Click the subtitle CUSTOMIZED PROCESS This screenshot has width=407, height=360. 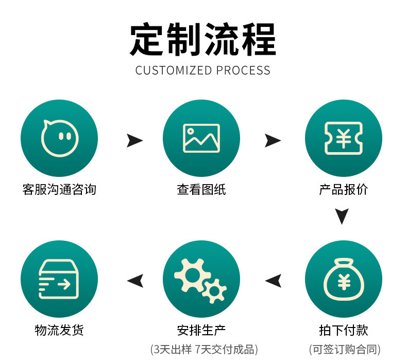coord(203,70)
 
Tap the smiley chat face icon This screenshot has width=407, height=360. coord(59,138)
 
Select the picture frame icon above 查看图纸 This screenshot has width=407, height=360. coord(201,138)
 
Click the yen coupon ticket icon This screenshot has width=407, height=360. coord(344,138)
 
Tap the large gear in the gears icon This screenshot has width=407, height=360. coord(192,273)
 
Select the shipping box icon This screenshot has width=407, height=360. coord(59,279)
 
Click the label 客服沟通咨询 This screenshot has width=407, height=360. coord(59,190)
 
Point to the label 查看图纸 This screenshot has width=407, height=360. coord(201,190)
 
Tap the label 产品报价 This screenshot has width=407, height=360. coord(344,190)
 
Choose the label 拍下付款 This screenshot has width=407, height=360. coord(344,331)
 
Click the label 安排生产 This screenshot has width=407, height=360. coord(201,331)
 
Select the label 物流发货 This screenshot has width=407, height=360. coord(59,331)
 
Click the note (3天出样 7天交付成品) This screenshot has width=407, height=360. coord(204,349)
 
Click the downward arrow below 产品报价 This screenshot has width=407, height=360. coord(342,216)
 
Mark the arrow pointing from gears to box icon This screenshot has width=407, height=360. coord(135,281)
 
